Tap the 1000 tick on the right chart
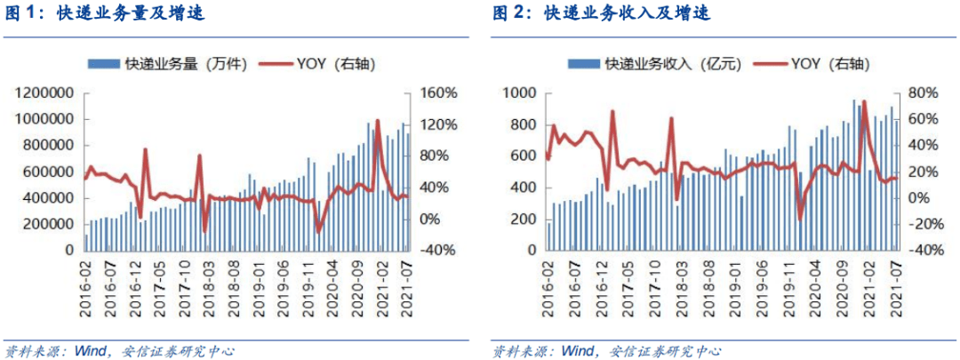tap(521, 93)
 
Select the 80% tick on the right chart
tap(923, 93)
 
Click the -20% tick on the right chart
tap(923, 224)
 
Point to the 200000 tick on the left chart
tap(48, 224)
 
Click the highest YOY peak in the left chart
tap(378, 120)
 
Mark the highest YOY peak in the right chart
tap(864, 102)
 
